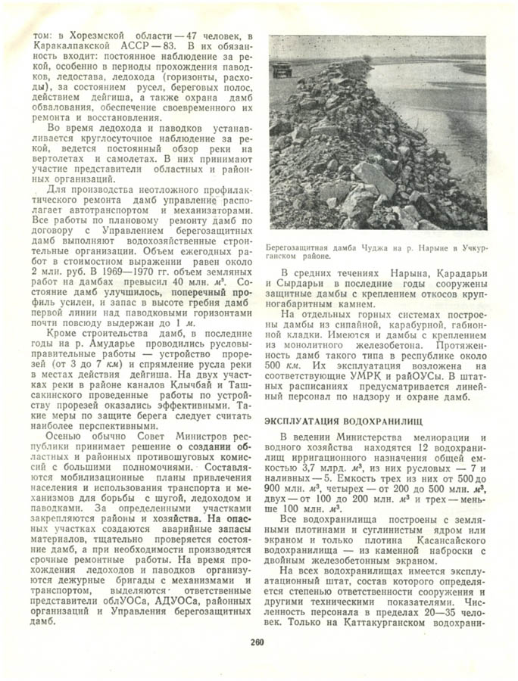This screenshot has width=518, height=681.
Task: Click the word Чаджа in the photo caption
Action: tap(378, 247)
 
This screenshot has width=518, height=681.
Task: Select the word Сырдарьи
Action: tap(304, 283)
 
